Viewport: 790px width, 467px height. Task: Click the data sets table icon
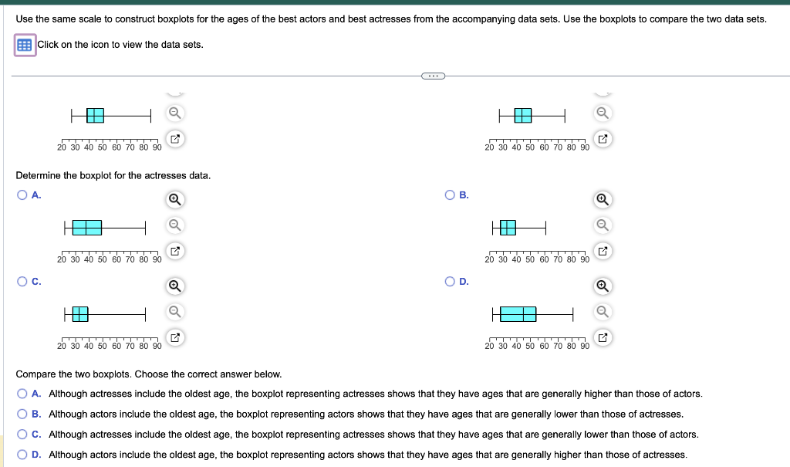(25, 45)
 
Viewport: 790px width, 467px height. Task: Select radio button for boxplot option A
(22, 195)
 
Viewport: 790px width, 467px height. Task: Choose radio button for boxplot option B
(450, 195)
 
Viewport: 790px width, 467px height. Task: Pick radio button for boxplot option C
(22, 282)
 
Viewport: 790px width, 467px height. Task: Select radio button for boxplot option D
(450, 282)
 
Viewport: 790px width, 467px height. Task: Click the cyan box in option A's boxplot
(87, 227)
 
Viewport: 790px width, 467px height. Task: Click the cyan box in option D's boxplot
(518, 313)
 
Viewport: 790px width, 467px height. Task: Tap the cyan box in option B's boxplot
(508, 227)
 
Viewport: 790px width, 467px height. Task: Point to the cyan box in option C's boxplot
(80, 313)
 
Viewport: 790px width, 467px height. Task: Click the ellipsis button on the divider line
(434, 76)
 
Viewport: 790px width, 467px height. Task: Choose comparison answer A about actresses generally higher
(23, 394)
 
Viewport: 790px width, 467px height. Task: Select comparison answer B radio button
(23, 414)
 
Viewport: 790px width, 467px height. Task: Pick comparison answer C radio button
(23, 434)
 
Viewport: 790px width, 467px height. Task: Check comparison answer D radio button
(23, 454)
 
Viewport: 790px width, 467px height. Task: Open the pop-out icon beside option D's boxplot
(603, 337)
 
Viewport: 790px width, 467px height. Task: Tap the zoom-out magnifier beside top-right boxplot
(603, 113)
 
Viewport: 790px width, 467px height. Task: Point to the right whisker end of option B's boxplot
(546, 227)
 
